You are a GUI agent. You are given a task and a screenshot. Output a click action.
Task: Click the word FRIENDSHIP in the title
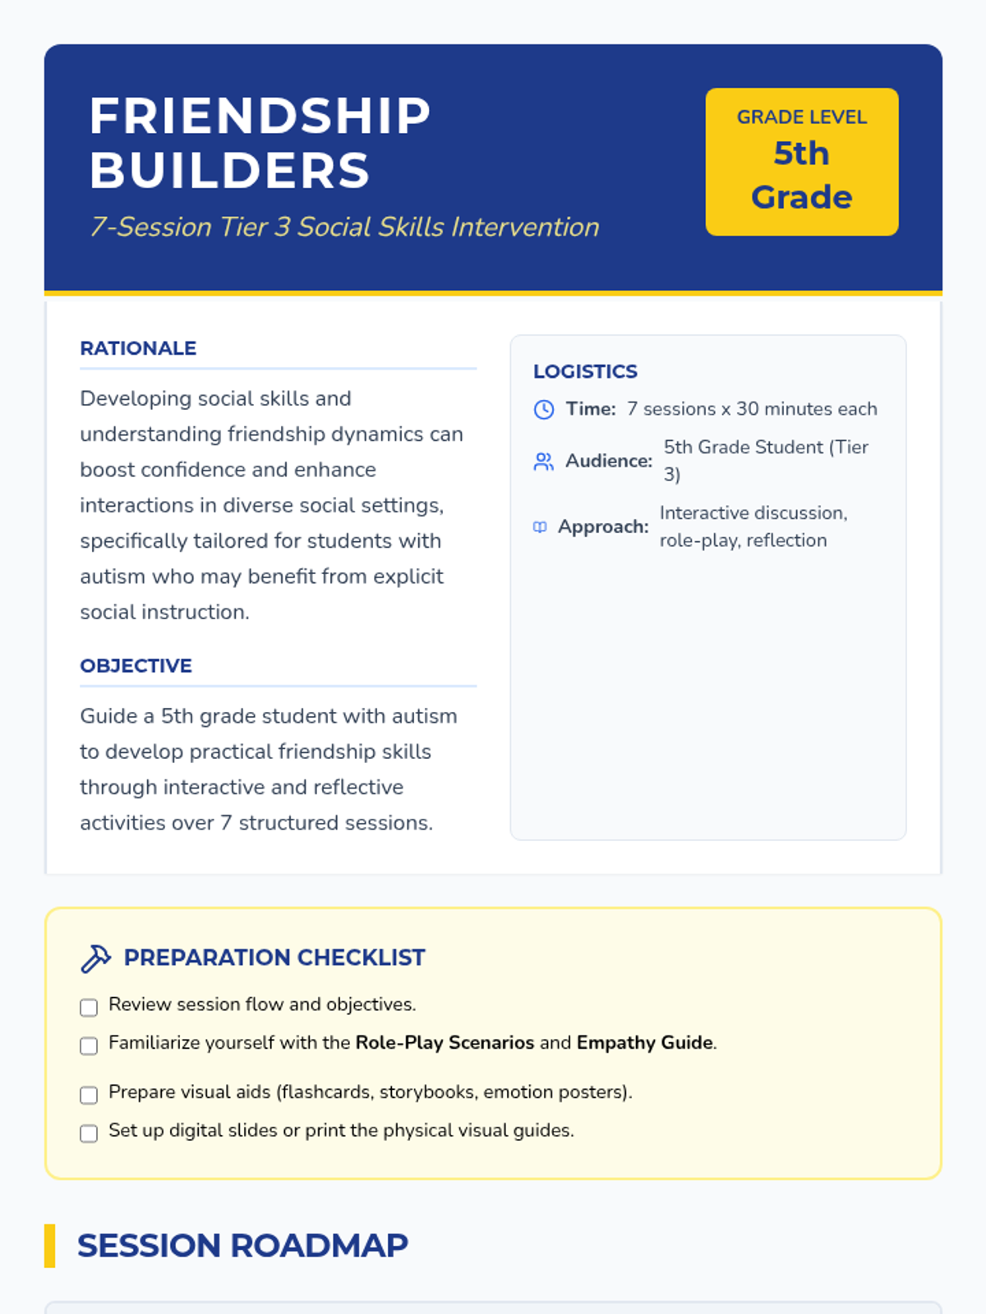[x=260, y=116]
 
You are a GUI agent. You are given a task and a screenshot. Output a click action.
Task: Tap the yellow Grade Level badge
[x=801, y=162]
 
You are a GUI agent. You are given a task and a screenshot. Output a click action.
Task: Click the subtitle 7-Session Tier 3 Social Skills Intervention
[x=344, y=227]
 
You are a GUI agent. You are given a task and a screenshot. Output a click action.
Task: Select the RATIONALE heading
[x=138, y=348]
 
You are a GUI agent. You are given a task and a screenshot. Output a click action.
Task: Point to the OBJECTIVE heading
[x=136, y=666]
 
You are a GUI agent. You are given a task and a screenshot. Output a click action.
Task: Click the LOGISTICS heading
[x=585, y=371]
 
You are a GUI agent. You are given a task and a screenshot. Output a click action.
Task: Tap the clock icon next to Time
[x=544, y=409]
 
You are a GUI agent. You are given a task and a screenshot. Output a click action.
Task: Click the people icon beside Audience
[x=544, y=462]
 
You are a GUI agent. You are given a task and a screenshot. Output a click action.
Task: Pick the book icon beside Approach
[x=540, y=527]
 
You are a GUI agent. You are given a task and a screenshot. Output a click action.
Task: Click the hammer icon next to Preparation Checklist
[x=95, y=958]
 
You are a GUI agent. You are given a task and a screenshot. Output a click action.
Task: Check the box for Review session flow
[x=89, y=1007]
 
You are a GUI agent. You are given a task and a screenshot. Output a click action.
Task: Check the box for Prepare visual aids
[x=89, y=1095]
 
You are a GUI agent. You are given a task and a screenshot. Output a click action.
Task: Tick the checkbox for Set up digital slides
[x=89, y=1133]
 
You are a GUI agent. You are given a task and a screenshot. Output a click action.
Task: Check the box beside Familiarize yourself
[x=89, y=1045]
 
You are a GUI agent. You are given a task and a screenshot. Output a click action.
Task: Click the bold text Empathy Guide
[x=645, y=1043]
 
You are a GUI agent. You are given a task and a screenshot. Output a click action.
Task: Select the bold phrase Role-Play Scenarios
[x=445, y=1043]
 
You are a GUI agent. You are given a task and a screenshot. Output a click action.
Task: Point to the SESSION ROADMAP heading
[x=242, y=1246]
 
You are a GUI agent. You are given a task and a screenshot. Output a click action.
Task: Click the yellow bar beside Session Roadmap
[x=50, y=1246]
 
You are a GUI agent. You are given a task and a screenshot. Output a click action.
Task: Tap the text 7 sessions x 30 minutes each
[x=752, y=409]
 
